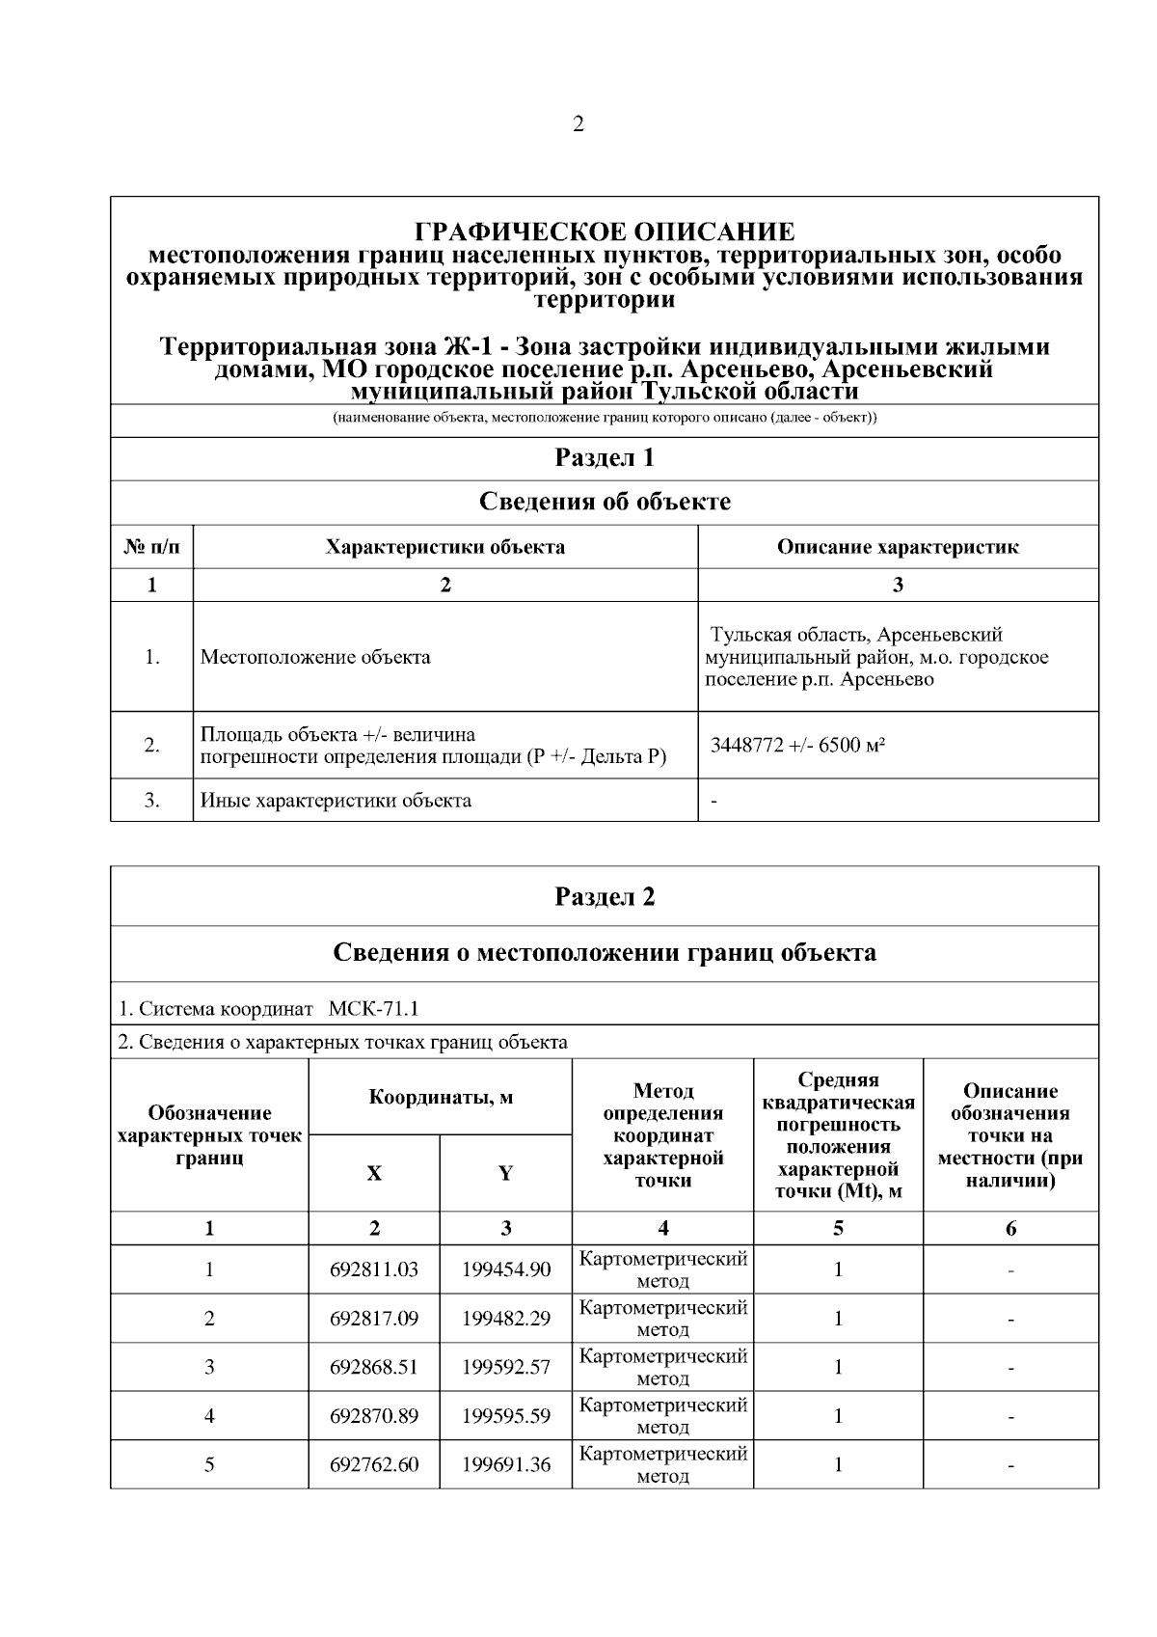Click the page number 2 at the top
click(578, 124)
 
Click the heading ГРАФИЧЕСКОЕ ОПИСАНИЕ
click(605, 232)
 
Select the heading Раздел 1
click(605, 457)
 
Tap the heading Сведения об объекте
click(605, 502)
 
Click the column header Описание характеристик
click(898, 547)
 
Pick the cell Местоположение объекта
click(315, 657)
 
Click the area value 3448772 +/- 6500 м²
click(798, 745)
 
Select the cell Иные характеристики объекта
click(336, 800)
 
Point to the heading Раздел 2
click(605, 896)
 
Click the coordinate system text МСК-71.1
click(374, 1009)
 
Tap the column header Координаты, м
click(441, 1097)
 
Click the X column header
click(374, 1173)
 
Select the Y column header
click(505, 1173)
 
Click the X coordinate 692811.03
click(374, 1269)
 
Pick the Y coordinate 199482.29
click(506, 1318)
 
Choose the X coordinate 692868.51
click(374, 1366)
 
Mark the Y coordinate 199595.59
click(506, 1415)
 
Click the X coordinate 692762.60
click(374, 1464)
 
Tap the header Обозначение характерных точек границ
click(209, 1135)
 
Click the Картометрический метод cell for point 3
click(663, 1367)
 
